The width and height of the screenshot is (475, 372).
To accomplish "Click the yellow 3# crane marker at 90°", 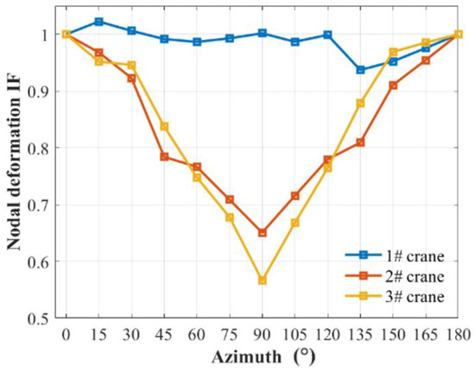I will pos(263,281).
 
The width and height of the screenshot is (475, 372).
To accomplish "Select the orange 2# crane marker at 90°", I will pos(263,233).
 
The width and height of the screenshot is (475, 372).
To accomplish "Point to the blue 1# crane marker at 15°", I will pos(99,22).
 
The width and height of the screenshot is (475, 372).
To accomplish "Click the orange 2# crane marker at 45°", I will pos(164,157).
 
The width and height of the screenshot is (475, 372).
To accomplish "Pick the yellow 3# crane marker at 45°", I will pos(164,127).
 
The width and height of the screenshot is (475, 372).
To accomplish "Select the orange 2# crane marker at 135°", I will pos(360,142).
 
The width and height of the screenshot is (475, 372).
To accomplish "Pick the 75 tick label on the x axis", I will pos(230,334).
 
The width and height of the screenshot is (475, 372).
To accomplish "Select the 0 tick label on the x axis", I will pos(66,334).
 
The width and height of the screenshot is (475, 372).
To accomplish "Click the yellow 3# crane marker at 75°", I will pos(230,218).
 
